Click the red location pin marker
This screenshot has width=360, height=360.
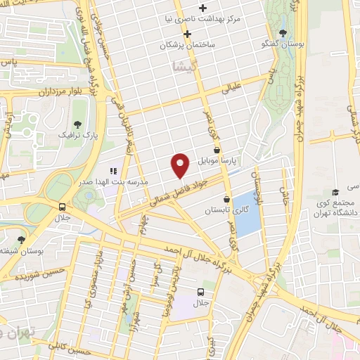pyautogui.click(x=181, y=165)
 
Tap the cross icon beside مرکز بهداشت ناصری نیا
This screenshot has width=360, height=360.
pyautogui.click(x=203, y=8)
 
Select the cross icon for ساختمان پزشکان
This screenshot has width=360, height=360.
pyautogui.click(x=187, y=34)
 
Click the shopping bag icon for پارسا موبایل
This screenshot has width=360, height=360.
pyautogui.click(x=217, y=150)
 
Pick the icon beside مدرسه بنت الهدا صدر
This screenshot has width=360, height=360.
pyautogui.click(x=112, y=171)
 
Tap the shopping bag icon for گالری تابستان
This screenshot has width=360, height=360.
pyautogui.click(x=226, y=198)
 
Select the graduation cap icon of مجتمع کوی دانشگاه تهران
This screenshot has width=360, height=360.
pyautogui.click(x=335, y=191)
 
